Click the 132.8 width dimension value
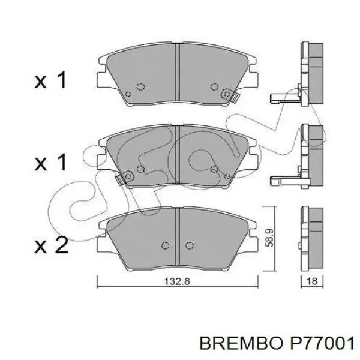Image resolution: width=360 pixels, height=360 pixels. [x=177, y=281]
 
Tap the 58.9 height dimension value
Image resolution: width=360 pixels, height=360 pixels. [x=269, y=238]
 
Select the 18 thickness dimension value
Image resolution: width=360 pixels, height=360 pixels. [x=312, y=281]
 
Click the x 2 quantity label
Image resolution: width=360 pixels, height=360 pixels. [x=51, y=245]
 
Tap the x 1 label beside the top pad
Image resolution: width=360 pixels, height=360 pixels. [x=50, y=80]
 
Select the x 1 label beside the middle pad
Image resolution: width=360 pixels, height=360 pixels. [x=50, y=162]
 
